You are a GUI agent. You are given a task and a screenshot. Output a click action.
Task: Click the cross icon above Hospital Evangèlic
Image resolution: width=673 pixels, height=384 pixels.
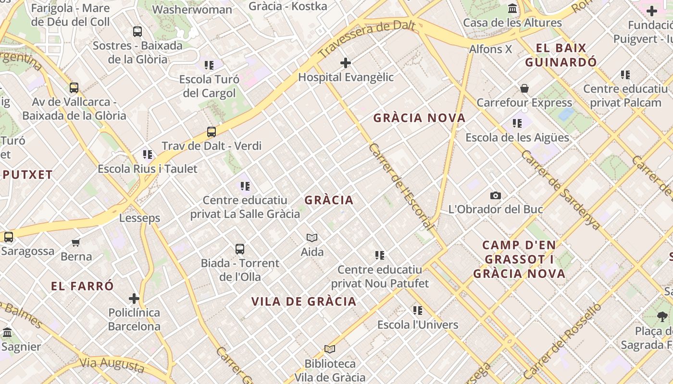pos(345,63)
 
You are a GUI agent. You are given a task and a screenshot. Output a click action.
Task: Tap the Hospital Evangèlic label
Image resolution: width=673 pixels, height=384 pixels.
pos(346,77)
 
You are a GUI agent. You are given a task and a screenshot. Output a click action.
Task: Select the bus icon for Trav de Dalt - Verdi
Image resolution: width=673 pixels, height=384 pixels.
pos(211,132)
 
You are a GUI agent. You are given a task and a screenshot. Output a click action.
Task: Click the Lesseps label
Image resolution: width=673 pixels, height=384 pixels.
pos(139,218)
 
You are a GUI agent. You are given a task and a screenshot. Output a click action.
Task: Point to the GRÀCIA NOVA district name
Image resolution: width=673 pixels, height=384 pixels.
pos(419,118)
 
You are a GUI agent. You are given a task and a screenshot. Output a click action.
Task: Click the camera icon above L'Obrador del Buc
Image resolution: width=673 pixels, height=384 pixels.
pos(495,196)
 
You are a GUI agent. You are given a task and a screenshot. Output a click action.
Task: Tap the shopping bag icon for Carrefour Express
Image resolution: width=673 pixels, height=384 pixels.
pos(524,89)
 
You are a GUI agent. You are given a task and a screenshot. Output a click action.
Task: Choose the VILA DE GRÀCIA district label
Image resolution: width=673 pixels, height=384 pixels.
pos(304,302)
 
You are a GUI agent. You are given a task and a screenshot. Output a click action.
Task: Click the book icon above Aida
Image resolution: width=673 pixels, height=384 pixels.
pos(312,238)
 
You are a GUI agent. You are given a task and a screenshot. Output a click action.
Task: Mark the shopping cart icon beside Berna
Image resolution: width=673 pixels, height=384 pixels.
pos(76,243)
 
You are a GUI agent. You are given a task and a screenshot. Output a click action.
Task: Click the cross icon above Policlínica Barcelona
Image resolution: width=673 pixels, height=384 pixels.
pos(134,299)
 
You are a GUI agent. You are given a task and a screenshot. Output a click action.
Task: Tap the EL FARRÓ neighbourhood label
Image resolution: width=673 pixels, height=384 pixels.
pos(83,287)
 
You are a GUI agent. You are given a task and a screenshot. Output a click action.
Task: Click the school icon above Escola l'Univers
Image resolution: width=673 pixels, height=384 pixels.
pos(417,311)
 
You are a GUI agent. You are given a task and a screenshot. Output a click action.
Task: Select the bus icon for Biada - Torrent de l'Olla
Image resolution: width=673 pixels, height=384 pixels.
pos(240,249)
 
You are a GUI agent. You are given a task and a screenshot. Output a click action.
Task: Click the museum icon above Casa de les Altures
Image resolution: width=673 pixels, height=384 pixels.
pos(512,9)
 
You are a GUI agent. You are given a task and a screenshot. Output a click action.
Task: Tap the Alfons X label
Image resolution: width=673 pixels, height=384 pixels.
pos(490,49)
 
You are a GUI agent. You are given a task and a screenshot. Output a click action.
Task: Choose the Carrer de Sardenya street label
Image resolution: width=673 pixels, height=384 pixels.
pos(561,190)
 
